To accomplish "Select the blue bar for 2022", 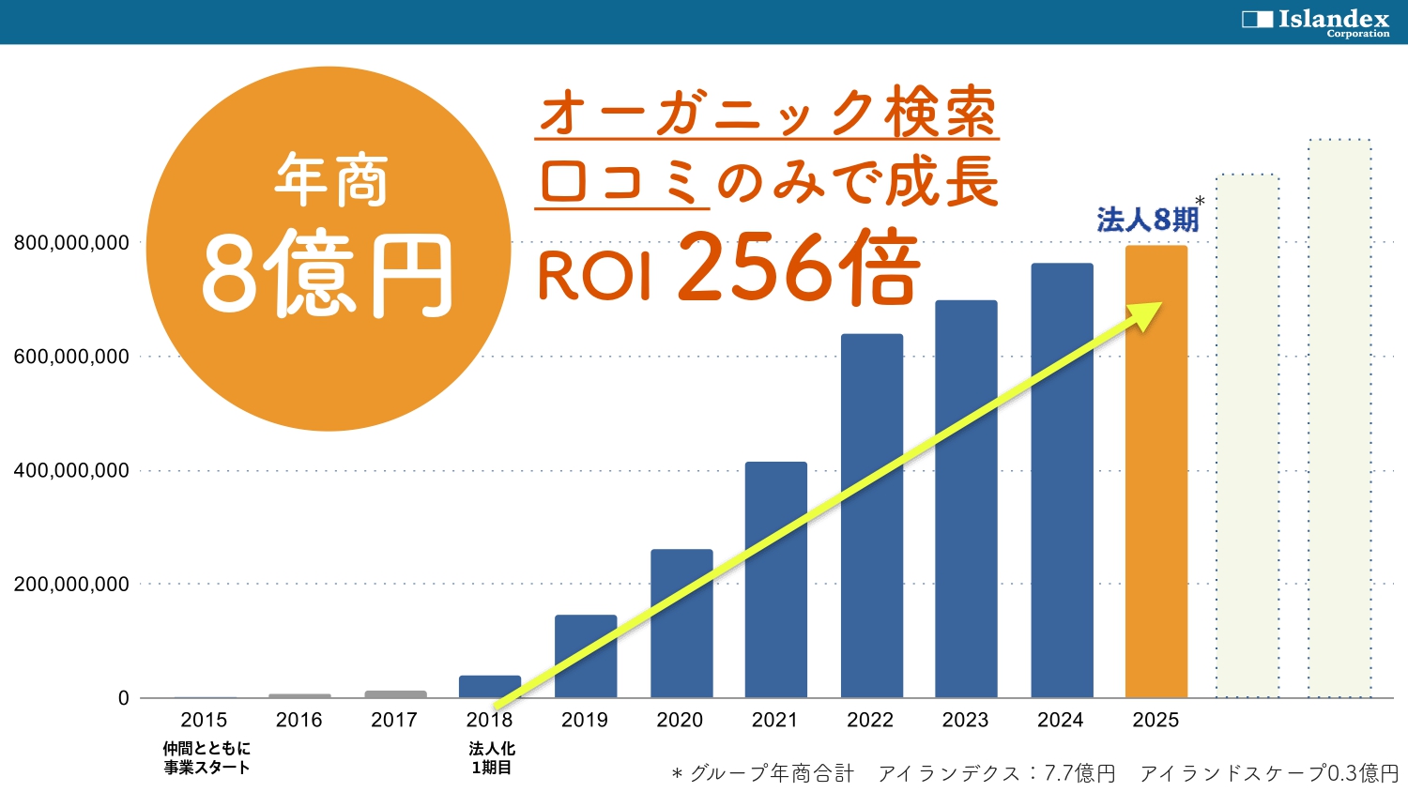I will coord(872,516).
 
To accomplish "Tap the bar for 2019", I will coord(586,657).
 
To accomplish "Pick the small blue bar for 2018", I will coord(490,686).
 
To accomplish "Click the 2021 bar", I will coord(776,580).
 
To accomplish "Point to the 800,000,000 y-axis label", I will coord(71,243).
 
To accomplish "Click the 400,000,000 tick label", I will coord(71,471).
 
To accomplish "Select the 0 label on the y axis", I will coord(124,698).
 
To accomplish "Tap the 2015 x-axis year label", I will coord(204,720).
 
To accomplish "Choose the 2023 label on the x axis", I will coord(965,720).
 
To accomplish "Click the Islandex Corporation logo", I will coord(1316,21).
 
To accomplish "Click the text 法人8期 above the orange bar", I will coord(1148,220).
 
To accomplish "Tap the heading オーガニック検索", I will coord(767,113).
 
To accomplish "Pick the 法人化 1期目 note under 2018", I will coord(492,758).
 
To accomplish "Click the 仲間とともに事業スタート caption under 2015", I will coord(207,758).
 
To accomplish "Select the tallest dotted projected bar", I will coord(1340,418).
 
